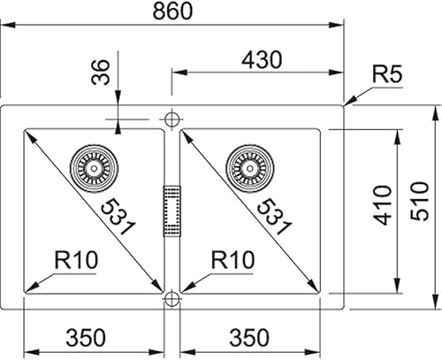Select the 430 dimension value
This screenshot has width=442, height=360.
click(x=260, y=60)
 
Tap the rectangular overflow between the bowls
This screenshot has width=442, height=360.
click(x=171, y=210)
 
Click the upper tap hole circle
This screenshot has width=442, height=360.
click(x=171, y=117)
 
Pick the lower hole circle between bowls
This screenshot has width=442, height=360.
click(x=171, y=298)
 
